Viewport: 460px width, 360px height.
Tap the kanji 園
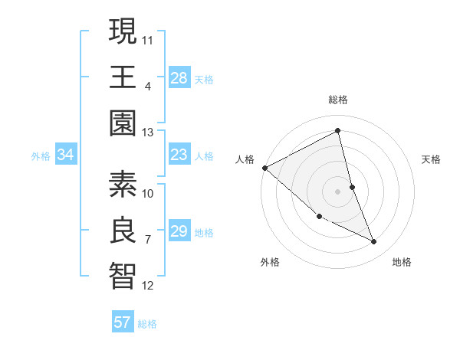click(x=123, y=123)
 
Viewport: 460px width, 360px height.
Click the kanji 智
click(x=123, y=277)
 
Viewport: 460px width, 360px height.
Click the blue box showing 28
click(x=179, y=77)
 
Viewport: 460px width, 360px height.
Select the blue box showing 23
click(x=179, y=155)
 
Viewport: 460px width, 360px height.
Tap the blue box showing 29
click(x=179, y=231)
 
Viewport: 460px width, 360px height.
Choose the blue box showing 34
click(x=65, y=155)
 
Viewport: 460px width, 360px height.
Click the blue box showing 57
click(x=122, y=322)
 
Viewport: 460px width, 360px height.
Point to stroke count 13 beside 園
click(x=147, y=133)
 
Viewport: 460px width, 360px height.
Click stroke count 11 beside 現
click(x=148, y=38)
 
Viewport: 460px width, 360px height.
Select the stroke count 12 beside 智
click(x=148, y=286)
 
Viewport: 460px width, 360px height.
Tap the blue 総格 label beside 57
click(x=147, y=324)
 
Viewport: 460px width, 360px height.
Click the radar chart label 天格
click(x=432, y=159)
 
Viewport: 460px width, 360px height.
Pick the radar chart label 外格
click(x=270, y=262)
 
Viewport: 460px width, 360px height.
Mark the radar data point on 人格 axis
click(x=265, y=168)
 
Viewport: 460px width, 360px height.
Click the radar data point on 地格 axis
click(x=373, y=242)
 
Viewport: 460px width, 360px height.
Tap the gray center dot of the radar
click(x=337, y=191)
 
